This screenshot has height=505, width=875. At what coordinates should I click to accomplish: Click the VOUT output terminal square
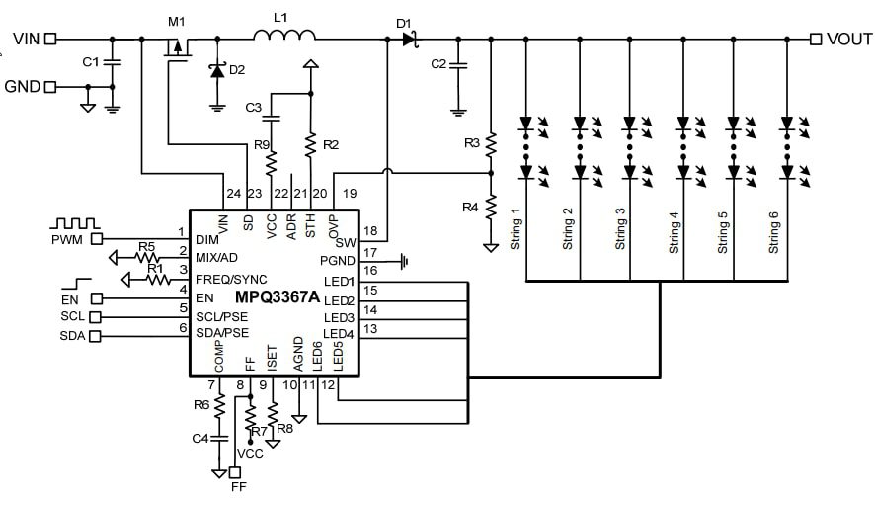pos(816,39)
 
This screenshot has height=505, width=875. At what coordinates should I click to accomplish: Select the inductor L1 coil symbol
pos(284,37)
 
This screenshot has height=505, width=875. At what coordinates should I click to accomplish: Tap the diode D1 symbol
pos(408,39)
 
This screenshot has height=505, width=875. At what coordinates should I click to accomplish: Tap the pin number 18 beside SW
pos(370,232)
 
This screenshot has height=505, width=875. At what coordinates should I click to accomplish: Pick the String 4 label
pos(674,233)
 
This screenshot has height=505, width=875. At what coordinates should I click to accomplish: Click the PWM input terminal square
pos(97,238)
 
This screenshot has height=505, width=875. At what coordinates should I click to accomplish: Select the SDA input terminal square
pos(96,337)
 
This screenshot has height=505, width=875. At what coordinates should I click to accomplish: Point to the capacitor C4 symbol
pos(220,437)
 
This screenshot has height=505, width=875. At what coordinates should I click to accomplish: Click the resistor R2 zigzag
pos(310,146)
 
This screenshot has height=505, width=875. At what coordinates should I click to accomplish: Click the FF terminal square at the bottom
pos(235,472)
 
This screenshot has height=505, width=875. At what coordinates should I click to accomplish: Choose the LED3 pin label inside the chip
pos(340,317)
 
